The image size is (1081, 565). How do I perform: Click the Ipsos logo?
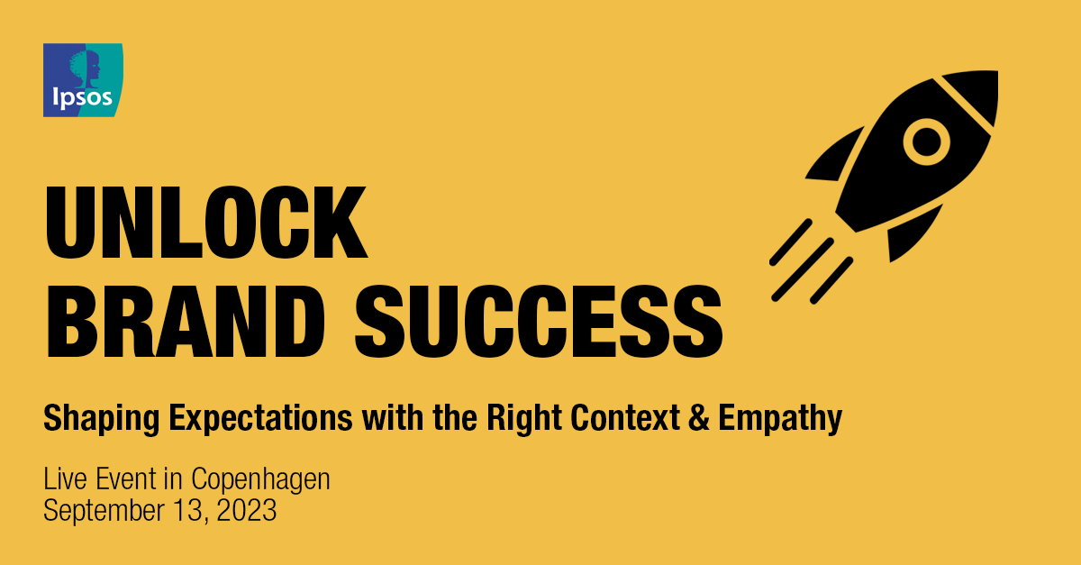tap(83, 79)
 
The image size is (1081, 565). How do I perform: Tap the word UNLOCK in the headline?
tap(205, 222)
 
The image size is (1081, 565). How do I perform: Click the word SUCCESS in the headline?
tap(539, 320)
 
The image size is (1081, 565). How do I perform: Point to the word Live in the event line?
tap(63, 480)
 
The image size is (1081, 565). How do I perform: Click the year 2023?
tap(246, 511)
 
